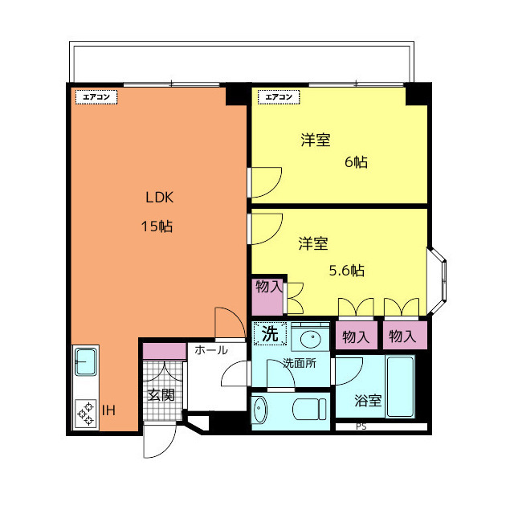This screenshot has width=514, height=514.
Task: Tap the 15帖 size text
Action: (157, 226)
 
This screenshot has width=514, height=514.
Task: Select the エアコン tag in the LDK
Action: (97, 96)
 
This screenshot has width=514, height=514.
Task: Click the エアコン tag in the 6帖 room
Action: (276, 96)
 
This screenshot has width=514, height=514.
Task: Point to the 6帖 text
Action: (356, 162)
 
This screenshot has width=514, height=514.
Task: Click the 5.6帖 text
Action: (347, 271)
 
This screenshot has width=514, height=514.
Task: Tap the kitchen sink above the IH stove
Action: (85, 362)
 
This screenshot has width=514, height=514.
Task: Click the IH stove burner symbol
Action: (85, 413)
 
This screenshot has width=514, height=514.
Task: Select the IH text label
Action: (108, 411)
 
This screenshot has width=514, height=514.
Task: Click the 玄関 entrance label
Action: (161, 394)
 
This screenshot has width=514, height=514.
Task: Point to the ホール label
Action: (210, 350)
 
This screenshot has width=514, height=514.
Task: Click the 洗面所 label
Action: (299, 363)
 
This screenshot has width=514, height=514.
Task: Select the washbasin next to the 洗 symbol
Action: (310, 337)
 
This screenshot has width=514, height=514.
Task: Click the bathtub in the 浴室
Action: (400, 387)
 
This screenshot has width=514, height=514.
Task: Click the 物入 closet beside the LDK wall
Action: (268, 295)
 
